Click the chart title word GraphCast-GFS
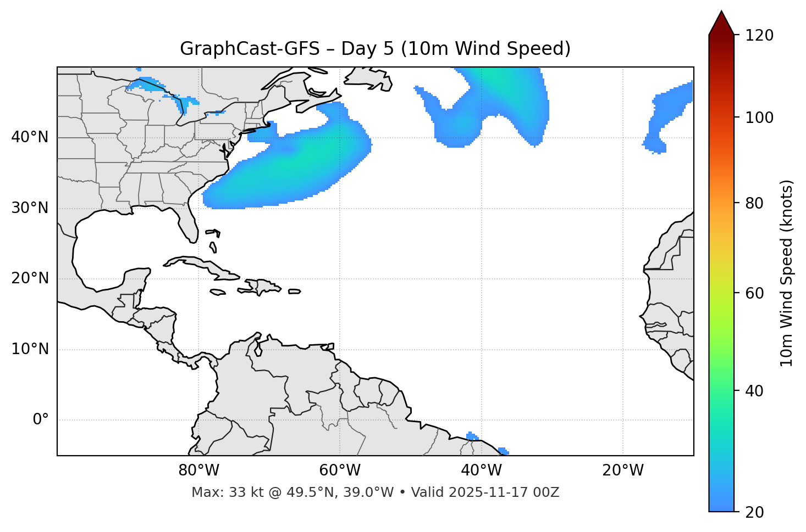(x=250, y=49)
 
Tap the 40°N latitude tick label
(x=30, y=137)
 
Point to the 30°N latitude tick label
(x=30, y=208)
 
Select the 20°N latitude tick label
(x=30, y=278)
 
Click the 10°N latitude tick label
(x=30, y=349)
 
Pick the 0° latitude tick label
(x=41, y=420)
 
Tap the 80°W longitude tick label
(x=198, y=471)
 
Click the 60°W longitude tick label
(x=340, y=471)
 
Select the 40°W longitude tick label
(x=481, y=471)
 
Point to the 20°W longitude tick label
(x=622, y=471)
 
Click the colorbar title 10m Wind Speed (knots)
(x=787, y=273)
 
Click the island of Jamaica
(x=218, y=292)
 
